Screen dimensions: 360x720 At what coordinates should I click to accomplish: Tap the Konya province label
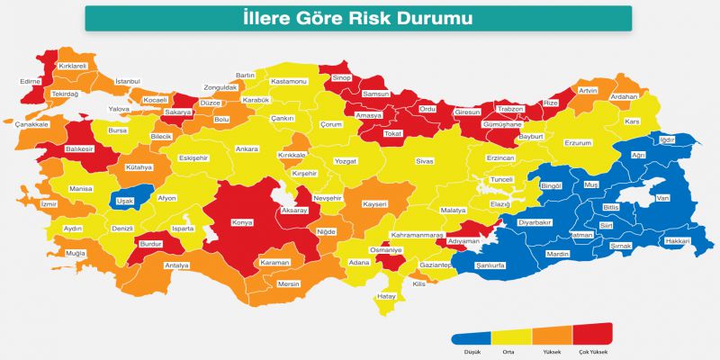241,221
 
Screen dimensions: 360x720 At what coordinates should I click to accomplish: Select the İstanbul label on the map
129,82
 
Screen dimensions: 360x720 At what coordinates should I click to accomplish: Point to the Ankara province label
246,148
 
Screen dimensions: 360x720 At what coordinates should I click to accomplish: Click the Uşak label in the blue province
125,202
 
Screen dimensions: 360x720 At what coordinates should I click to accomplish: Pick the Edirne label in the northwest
30,81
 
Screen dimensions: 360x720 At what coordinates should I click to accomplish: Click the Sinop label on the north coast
342,78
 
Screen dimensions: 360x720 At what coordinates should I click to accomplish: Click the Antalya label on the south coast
177,265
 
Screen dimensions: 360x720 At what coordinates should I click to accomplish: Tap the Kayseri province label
374,204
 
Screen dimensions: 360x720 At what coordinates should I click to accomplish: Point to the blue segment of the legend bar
471,335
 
